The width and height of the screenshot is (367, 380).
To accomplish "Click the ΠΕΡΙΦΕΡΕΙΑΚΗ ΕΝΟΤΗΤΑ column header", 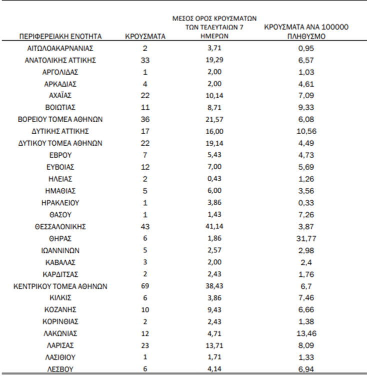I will point(60,37).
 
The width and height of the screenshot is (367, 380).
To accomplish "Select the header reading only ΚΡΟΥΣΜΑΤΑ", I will point(145,37).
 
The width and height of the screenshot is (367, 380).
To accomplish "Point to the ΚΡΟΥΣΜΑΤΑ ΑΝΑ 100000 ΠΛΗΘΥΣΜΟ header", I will point(306,32).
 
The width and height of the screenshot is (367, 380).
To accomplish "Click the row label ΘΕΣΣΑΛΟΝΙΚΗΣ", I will point(60,226).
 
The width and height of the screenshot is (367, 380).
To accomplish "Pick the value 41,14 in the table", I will point(214,226).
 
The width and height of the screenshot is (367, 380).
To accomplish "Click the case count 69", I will point(145,286).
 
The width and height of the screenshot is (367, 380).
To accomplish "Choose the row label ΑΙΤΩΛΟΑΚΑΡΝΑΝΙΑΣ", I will point(60,49).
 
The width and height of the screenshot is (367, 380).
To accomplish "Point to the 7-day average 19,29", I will point(214,60).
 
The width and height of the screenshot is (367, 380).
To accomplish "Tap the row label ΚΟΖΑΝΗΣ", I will point(60,309).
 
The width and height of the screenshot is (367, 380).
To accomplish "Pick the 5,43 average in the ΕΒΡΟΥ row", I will point(214,155).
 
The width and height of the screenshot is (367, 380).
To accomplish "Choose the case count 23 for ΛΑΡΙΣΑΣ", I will point(145,345).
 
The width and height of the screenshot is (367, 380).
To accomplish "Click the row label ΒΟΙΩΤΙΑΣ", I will point(60,108).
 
